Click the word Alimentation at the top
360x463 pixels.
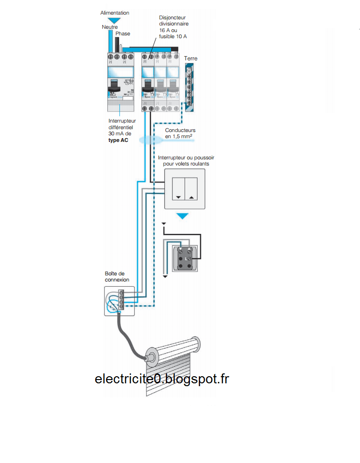tap(115, 13)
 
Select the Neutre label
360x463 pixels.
tap(109, 27)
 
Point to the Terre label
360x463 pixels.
tap(191, 58)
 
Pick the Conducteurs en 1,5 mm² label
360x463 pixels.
tap(180, 133)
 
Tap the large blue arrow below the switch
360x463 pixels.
tap(182, 216)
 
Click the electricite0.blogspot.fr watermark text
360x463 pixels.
tap(162, 379)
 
